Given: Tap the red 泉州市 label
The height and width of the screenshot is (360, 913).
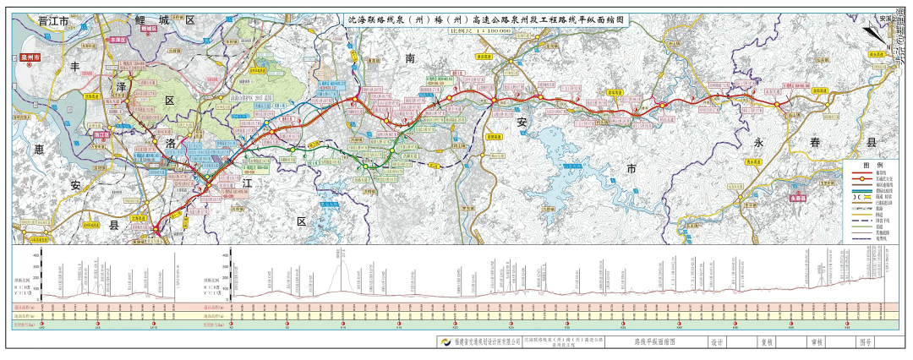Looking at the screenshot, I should (x=31, y=58).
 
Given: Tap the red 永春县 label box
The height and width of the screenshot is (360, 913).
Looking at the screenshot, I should (x=796, y=199).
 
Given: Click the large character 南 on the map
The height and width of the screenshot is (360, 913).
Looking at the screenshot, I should (x=410, y=58).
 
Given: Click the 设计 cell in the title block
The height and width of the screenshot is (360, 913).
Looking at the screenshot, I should (x=718, y=343).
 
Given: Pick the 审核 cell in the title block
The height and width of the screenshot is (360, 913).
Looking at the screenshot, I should (x=817, y=343).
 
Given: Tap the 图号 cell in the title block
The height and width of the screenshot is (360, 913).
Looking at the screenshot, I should (x=865, y=343).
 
